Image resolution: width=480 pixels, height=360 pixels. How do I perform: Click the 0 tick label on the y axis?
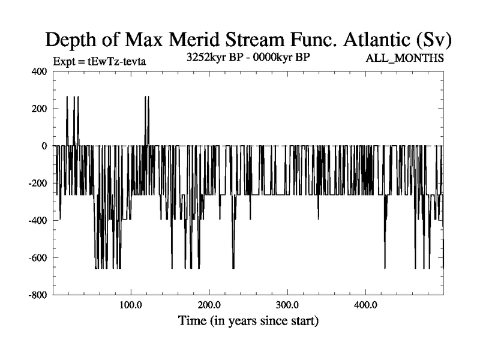tap(43, 146)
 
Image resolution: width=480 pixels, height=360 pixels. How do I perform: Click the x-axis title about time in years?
tap(248, 320)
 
